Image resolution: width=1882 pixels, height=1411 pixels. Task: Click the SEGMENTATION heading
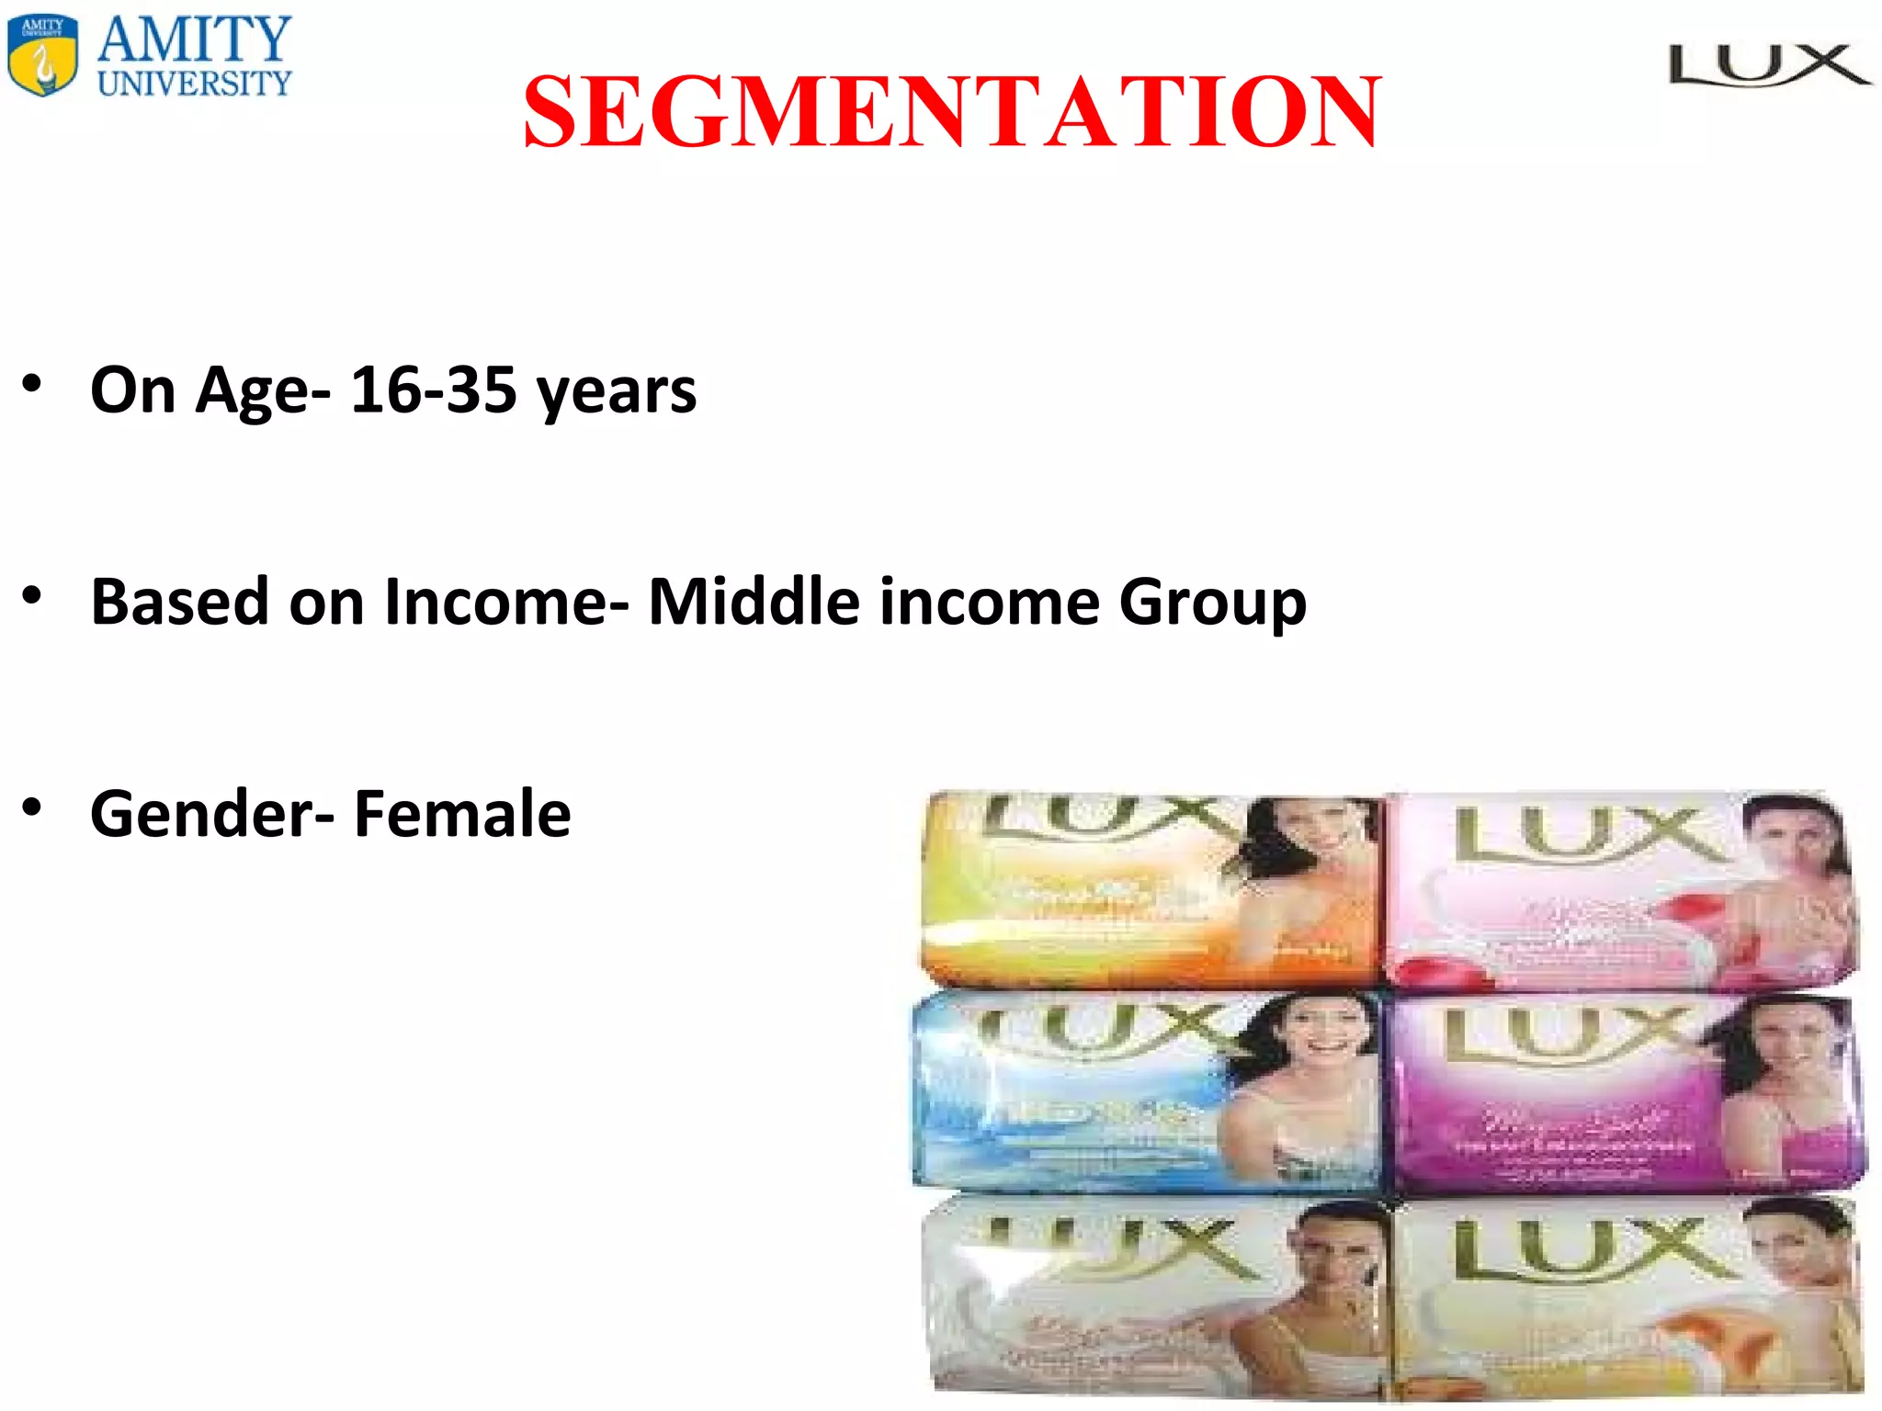pos(952,112)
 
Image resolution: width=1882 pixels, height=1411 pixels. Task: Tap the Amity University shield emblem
pos(42,55)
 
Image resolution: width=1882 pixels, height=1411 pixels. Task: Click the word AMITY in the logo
pos(195,39)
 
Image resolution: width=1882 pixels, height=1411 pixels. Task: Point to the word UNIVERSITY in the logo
pos(195,84)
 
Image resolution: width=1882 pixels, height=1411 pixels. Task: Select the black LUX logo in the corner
pos(1769,66)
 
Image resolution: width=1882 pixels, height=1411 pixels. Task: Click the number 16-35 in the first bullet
pos(433,389)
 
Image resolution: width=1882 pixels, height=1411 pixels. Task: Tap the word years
pos(617,393)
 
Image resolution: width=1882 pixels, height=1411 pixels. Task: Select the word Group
pos(1212,604)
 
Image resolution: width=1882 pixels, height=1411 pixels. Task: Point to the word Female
pos(462,814)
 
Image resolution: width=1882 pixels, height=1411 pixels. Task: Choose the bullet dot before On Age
pos(32,383)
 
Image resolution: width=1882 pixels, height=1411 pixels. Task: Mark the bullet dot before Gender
pos(32,807)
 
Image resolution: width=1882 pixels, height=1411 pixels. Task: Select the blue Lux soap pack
pos(1147,1091)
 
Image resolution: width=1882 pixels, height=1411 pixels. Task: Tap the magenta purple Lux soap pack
pos(1627,1093)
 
